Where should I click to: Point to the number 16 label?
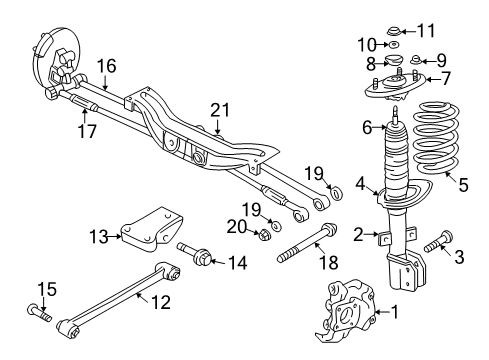[x=107, y=65]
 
